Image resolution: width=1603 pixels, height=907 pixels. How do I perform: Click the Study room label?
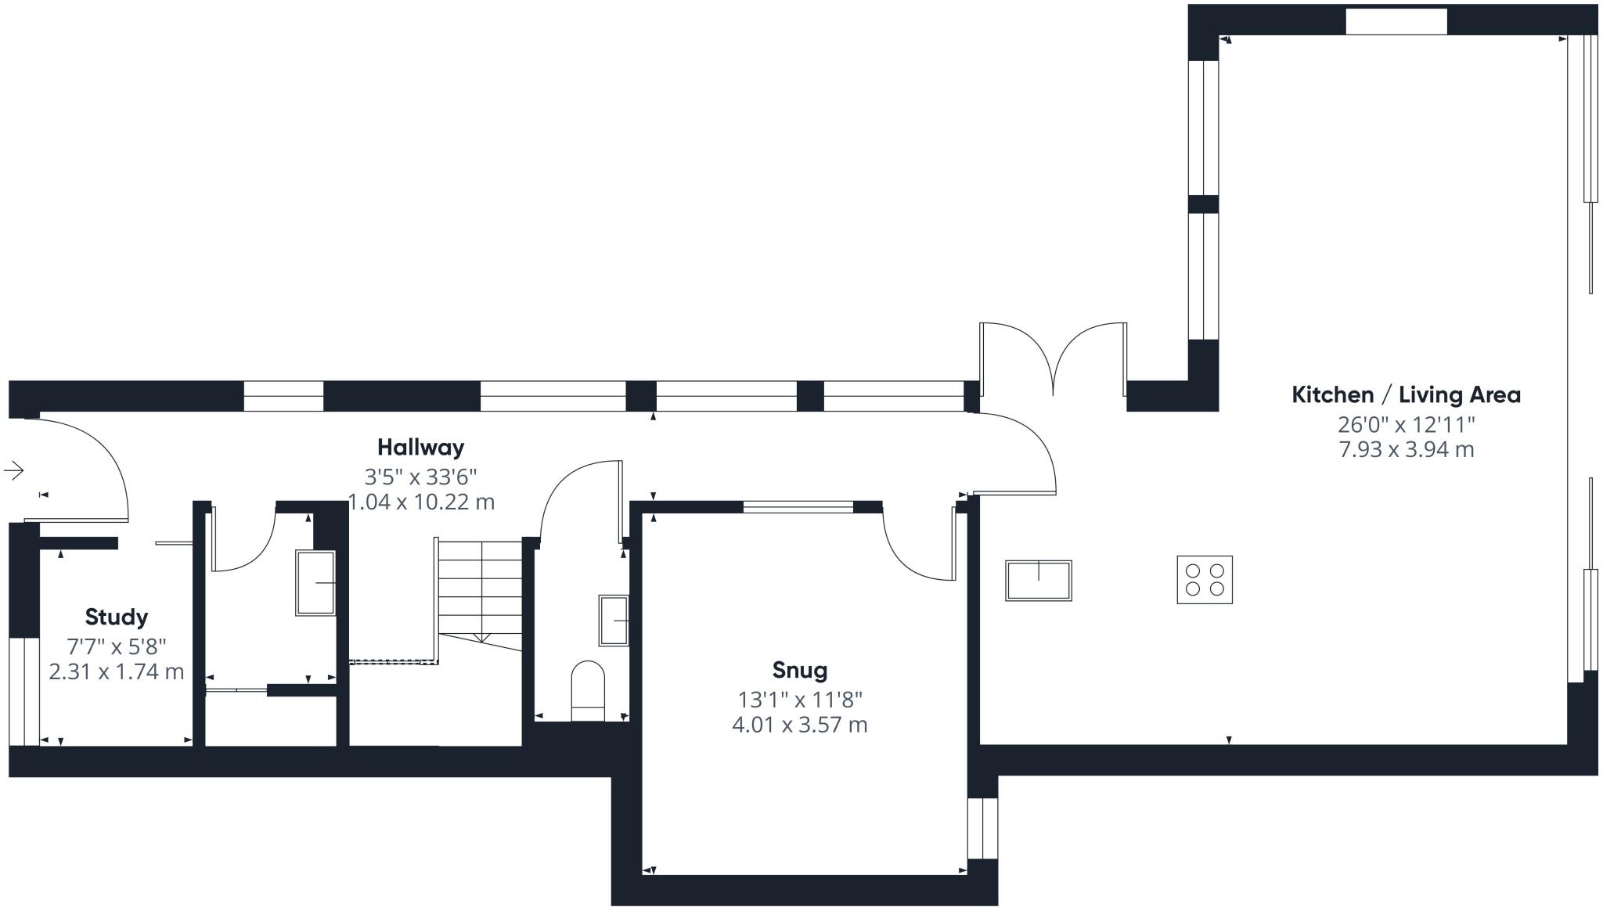(x=116, y=617)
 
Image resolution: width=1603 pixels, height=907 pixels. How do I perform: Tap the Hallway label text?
(x=420, y=447)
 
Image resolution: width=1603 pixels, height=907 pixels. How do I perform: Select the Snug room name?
(x=799, y=670)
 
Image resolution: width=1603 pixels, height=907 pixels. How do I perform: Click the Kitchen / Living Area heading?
(x=1406, y=394)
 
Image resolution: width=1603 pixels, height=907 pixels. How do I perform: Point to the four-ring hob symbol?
(x=1205, y=579)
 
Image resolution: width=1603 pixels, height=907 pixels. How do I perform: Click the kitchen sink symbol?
(x=1038, y=580)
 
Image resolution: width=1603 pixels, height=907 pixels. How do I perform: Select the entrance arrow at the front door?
(x=14, y=470)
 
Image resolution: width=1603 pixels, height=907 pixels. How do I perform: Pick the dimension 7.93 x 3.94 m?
(x=1406, y=450)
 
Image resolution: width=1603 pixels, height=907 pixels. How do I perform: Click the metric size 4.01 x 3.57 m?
(x=799, y=725)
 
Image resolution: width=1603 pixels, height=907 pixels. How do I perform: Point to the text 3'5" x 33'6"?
(x=420, y=476)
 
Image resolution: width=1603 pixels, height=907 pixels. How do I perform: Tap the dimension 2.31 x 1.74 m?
(x=116, y=671)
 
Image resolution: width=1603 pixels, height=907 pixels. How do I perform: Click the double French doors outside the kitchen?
(x=1054, y=360)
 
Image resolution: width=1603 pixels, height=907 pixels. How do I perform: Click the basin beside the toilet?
(x=614, y=620)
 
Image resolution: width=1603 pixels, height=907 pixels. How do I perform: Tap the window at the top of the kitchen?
(x=1396, y=22)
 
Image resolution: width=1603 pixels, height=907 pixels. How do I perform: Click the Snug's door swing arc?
(x=916, y=548)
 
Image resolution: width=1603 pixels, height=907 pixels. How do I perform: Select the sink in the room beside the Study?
(x=315, y=583)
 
